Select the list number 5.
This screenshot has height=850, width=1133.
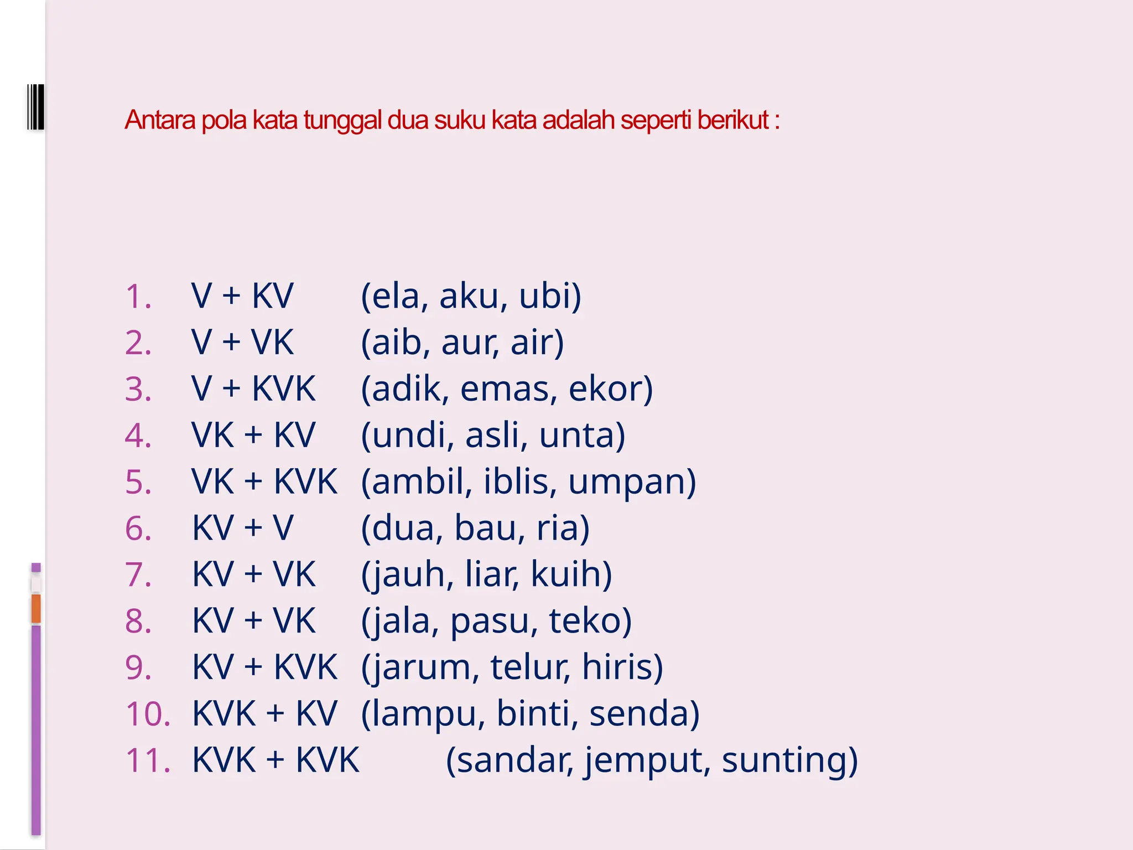pyautogui.click(x=138, y=482)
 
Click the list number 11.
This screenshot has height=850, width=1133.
pyautogui.click(x=148, y=760)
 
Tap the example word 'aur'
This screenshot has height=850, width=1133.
pyautogui.click(x=469, y=343)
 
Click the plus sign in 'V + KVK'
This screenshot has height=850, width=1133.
pyautogui.click(x=231, y=388)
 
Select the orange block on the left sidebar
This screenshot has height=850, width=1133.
pyautogui.click(x=36, y=608)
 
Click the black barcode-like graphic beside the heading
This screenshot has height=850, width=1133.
pyautogui.click(x=35, y=107)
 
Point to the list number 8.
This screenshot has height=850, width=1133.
pyautogui.click(x=138, y=621)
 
